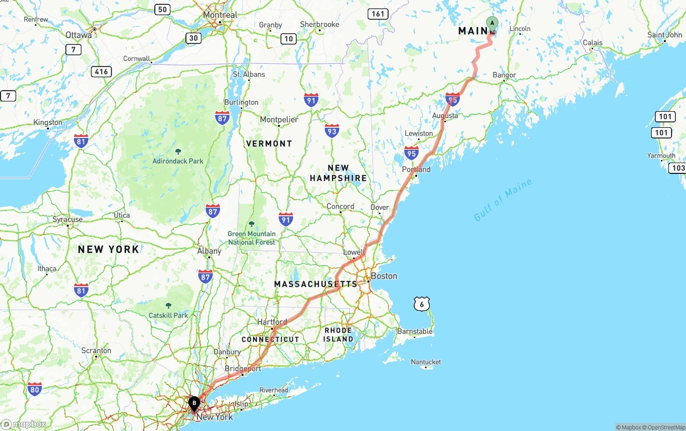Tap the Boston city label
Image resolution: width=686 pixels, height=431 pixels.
click(384, 276)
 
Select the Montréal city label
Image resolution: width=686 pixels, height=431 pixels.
click(220, 15)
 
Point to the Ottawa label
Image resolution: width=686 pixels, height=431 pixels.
click(78, 34)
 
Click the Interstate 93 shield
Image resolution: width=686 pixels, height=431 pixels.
click(332, 130)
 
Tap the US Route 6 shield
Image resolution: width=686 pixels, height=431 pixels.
click(422, 304)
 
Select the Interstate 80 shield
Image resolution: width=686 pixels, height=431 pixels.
click(35, 389)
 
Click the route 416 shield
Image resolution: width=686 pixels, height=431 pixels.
click(101, 71)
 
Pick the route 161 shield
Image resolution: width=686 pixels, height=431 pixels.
click(378, 14)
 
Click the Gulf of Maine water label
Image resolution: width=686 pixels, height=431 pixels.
click(503, 200)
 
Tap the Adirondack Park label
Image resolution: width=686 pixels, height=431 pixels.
click(178, 161)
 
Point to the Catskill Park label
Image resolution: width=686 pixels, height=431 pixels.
click(168, 315)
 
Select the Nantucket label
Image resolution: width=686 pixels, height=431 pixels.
click(426, 362)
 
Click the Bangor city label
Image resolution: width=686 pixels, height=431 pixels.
click(504, 75)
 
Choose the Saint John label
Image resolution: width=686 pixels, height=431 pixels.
click(665, 35)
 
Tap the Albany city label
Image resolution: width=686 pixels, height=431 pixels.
click(209, 251)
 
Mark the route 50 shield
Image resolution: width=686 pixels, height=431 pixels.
click(162, 9)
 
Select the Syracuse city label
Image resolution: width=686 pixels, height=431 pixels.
click(68, 219)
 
